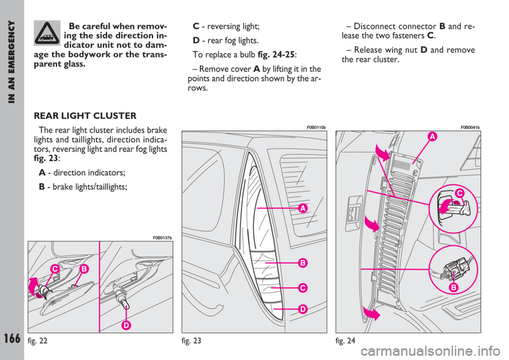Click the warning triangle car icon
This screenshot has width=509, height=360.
click(47, 33)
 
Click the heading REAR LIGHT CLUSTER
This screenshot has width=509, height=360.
click(85, 116)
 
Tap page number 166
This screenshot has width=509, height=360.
click(12, 338)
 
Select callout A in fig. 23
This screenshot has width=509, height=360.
click(303, 208)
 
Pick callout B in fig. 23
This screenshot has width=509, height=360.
click(303, 262)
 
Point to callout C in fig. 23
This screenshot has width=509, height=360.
click(303, 287)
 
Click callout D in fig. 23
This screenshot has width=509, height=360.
click(303, 309)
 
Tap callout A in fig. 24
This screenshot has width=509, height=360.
click(432, 137)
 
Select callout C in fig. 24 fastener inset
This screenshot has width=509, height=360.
click(459, 194)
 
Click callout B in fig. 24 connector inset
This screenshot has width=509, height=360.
click(453, 287)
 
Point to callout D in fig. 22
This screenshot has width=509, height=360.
click(126, 325)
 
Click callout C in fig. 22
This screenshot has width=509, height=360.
click(55, 269)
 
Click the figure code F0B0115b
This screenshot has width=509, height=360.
click(316, 128)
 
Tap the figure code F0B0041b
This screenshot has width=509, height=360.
click(470, 128)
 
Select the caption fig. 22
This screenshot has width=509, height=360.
click(38, 341)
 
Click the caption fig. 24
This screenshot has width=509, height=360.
click(345, 341)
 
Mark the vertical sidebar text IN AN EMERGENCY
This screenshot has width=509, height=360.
click(12, 62)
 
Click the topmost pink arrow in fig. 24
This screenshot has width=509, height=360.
click(382, 153)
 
